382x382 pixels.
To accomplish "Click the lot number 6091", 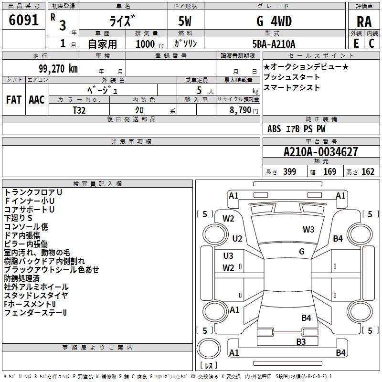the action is click(x=23, y=20).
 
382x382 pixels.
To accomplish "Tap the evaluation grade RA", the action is click(x=364, y=22).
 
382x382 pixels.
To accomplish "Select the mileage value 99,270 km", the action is click(x=58, y=69).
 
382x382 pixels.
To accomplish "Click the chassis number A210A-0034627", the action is click(x=321, y=152).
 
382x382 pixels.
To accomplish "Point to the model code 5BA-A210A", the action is click(x=274, y=44).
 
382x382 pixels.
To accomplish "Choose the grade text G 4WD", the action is click(x=274, y=21).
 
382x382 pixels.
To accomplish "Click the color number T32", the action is click(x=79, y=110).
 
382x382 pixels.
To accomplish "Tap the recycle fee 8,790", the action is click(x=240, y=110).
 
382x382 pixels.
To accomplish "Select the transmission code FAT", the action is click(x=14, y=100).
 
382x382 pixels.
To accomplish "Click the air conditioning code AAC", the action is click(x=37, y=100).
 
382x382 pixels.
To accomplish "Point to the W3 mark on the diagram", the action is click(x=308, y=229).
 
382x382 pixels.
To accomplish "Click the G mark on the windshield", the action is click(x=302, y=251).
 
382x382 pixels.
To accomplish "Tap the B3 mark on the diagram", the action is click(x=301, y=341).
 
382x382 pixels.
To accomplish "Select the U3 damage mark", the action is click(x=228, y=255).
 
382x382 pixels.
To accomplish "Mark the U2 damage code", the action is click(x=237, y=238).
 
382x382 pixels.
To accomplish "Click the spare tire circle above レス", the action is click(x=209, y=349).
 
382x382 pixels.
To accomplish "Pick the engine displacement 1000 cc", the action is click(x=150, y=44).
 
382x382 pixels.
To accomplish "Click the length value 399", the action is click(x=289, y=171).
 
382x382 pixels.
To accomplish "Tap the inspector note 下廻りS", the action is click(x=18, y=218).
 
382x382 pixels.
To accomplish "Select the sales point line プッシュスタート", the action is click(x=292, y=77).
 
